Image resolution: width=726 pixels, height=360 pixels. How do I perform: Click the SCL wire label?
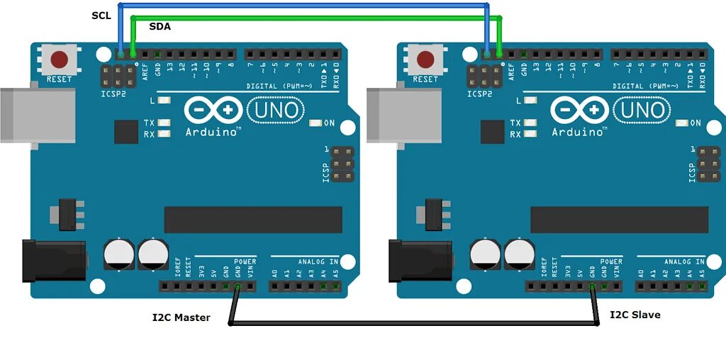click(x=101, y=15)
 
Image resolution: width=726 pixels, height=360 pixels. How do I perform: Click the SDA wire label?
click(x=160, y=27)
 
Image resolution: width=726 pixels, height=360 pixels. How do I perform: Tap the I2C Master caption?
click(x=181, y=317)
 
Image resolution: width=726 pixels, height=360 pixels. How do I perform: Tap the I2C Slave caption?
click(x=635, y=314)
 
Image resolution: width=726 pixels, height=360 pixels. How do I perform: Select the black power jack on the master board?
click(x=52, y=261)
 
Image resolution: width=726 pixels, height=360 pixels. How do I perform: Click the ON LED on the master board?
click(x=315, y=123)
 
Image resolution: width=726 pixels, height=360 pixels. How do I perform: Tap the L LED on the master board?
click(x=164, y=101)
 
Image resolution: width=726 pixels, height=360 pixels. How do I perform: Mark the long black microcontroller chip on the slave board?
click(x=619, y=220)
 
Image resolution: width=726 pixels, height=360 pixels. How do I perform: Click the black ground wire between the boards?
click(x=411, y=325)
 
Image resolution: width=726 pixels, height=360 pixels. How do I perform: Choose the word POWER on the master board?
click(x=245, y=261)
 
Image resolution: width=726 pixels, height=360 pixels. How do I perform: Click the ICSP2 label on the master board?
click(x=113, y=94)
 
